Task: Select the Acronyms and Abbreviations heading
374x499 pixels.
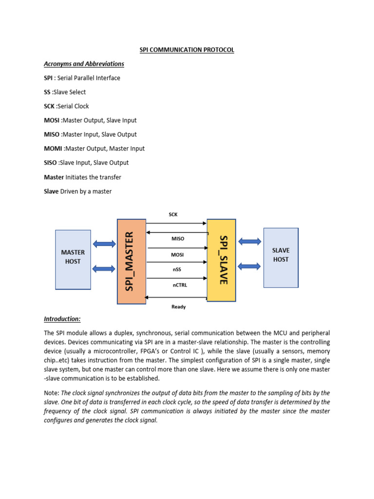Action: click(84, 64)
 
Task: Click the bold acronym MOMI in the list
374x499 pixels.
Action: click(54, 149)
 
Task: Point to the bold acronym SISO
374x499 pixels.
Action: click(51, 163)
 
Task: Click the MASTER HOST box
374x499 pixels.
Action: click(73, 259)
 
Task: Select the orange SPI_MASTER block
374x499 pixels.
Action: click(131, 262)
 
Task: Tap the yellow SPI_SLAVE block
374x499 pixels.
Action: click(222, 260)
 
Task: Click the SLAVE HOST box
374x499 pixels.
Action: click(281, 257)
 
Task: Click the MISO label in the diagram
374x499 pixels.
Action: click(177, 239)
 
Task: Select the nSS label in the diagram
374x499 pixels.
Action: click(177, 269)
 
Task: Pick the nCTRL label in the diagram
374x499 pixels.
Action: click(180, 285)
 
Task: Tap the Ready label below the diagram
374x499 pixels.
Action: click(178, 307)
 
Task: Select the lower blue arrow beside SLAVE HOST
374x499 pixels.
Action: click(250, 266)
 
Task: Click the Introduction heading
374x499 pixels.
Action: click(62, 319)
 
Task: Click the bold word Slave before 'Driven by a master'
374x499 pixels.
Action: click(51, 192)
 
